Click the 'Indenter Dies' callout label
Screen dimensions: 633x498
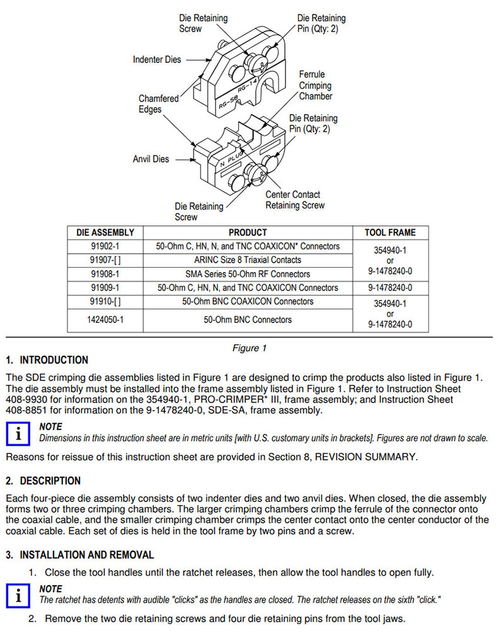(x=156, y=60)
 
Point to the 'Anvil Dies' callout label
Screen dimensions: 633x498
(x=151, y=159)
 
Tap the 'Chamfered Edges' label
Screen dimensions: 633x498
(x=158, y=104)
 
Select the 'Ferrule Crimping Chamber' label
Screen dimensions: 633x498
(x=315, y=85)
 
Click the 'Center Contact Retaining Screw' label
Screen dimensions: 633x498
(x=294, y=200)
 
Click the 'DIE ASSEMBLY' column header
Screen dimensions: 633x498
(x=105, y=232)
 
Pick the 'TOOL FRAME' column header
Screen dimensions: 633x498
(x=390, y=232)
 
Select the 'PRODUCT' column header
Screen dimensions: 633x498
(x=248, y=232)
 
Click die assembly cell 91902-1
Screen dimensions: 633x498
(x=105, y=246)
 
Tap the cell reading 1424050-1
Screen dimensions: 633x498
(x=105, y=319)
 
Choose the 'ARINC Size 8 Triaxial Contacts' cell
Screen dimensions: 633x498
(x=248, y=259)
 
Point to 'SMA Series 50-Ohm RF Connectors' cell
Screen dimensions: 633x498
(x=248, y=274)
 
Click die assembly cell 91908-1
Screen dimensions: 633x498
(x=105, y=274)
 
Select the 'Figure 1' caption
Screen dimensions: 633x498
(x=249, y=348)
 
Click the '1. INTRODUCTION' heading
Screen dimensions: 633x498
(x=47, y=360)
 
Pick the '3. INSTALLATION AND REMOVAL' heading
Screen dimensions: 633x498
(x=79, y=555)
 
